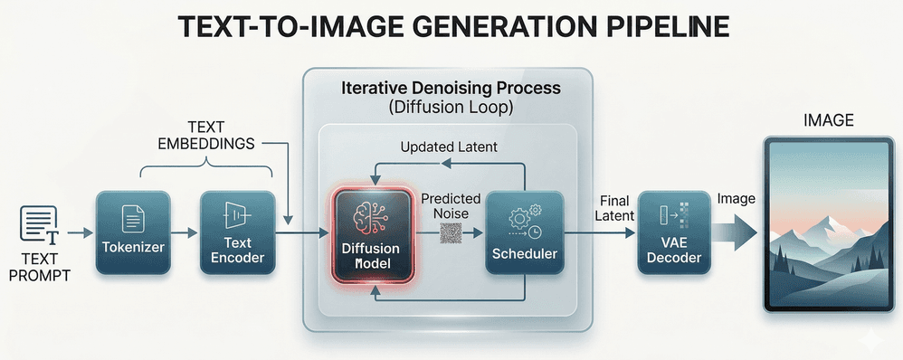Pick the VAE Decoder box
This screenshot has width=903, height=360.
pos(670,233)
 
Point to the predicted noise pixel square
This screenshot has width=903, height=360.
pos(451,234)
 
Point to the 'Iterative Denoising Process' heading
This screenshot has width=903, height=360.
pos(451,90)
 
